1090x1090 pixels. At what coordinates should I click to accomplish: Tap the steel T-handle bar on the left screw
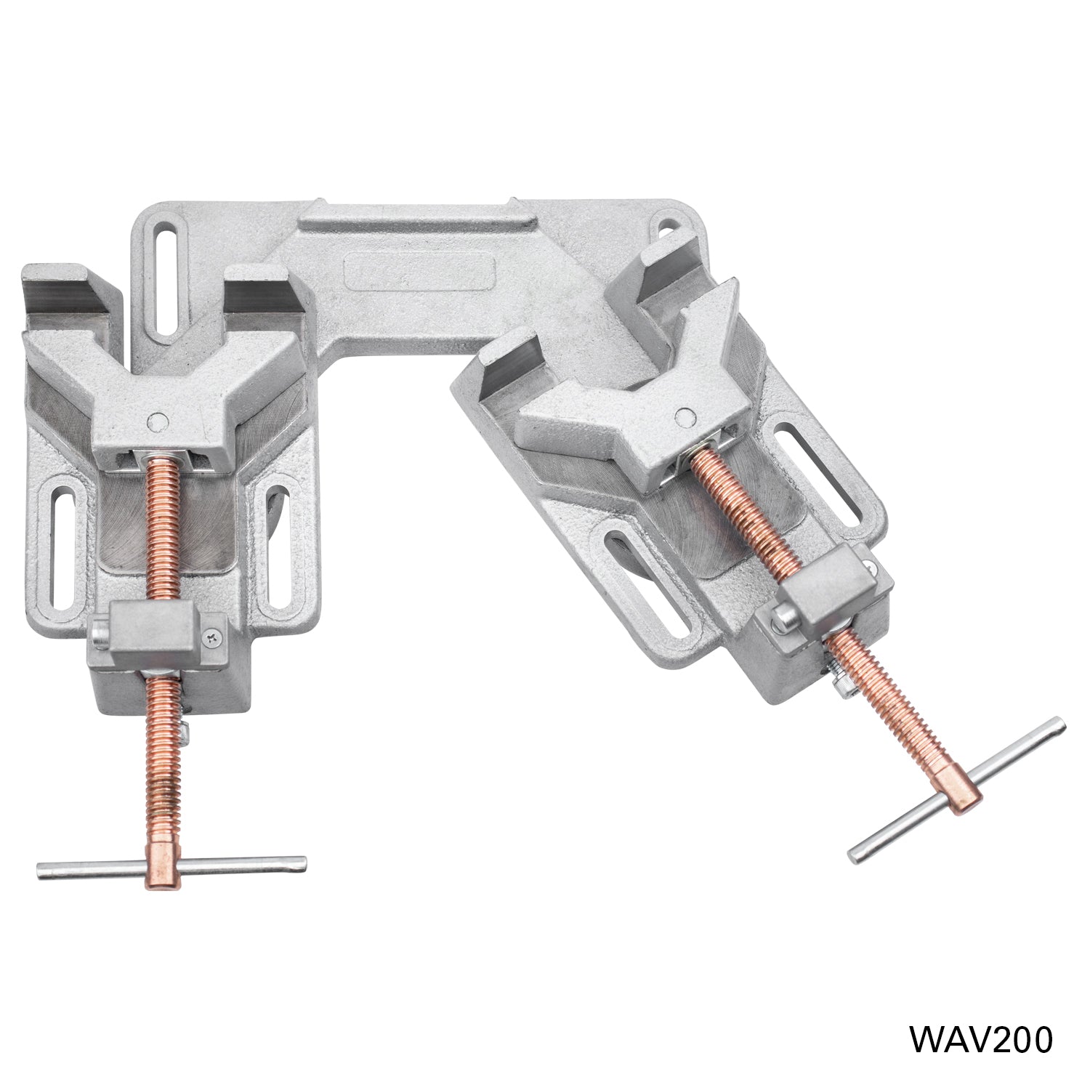point(233,863)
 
